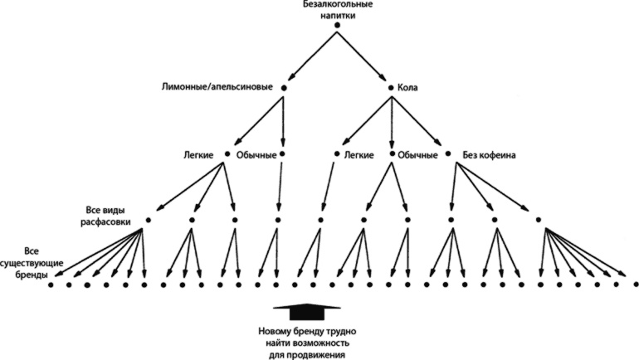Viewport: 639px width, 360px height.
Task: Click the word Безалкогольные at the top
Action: click(337, 5)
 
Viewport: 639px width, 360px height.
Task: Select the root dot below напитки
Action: click(337, 27)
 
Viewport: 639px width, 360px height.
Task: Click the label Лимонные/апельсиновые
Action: click(219, 87)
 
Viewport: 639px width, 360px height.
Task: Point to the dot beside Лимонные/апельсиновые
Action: click(284, 87)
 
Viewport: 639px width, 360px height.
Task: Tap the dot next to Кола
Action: click(391, 87)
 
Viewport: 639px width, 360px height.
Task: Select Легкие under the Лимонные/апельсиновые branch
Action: click(200, 154)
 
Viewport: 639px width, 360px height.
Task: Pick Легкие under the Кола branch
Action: click(362, 154)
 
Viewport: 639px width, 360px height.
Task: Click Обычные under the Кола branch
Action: click(417, 154)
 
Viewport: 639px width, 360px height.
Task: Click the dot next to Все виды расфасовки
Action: click(148, 220)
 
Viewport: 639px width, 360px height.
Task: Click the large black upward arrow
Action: click(307, 312)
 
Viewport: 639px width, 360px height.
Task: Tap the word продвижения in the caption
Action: click(307, 354)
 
